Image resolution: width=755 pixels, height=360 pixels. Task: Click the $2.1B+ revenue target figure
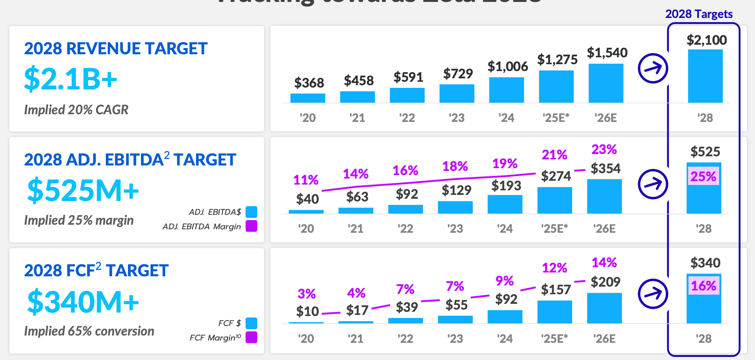pyautogui.click(x=70, y=79)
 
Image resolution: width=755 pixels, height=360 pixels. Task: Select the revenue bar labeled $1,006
pyautogui.click(x=506, y=90)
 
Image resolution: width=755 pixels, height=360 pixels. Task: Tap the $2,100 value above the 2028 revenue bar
pyautogui.click(x=706, y=40)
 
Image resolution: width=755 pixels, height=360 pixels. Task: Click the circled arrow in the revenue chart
pyautogui.click(x=653, y=68)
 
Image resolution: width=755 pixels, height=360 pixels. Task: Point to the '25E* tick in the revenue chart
pyautogui.click(x=556, y=118)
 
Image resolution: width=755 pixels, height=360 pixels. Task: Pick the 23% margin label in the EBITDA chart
pyautogui.click(x=604, y=149)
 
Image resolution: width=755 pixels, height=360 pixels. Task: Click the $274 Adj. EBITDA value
pyautogui.click(x=556, y=176)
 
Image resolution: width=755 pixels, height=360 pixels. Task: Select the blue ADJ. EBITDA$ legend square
pyautogui.click(x=251, y=212)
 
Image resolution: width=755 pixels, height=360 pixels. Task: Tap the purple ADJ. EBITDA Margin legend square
pyautogui.click(x=251, y=226)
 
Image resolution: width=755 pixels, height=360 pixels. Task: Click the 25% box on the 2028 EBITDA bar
pyautogui.click(x=703, y=177)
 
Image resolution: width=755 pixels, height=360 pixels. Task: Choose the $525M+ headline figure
pyautogui.click(x=83, y=190)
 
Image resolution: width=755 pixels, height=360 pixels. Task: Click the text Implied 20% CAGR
pyautogui.click(x=76, y=110)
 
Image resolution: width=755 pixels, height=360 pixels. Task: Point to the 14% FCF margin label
pyautogui.click(x=604, y=263)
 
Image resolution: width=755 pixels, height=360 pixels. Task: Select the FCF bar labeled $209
pyautogui.click(x=604, y=308)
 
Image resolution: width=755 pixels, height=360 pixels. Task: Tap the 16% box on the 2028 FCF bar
pyautogui.click(x=703, y=286)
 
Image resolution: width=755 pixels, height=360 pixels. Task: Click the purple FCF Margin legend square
pyautogui.click(x=251, y=337)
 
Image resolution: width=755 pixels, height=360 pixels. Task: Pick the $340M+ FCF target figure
pyautogui.click(x=83, y=302)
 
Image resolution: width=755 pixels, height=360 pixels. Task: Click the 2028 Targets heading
pyautogui.click(x=699, y=14)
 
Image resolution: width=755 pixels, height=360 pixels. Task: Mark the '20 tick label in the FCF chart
pyautogui.click(x=306, y=339)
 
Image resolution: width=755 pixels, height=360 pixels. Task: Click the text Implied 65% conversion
pyautogui.click(x=89, y=331)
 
